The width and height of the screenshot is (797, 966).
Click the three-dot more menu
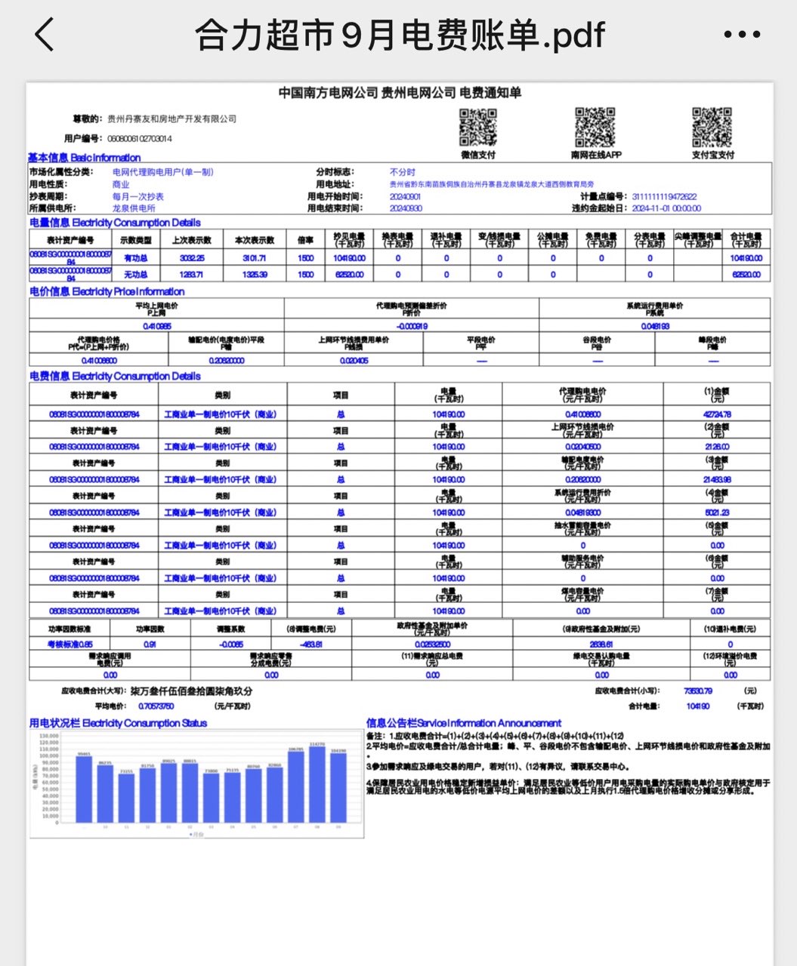[x=741, y=35]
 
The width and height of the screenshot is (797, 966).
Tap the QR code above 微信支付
[x=478, y=127]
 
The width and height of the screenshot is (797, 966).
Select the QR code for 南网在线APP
[x=595, y=127]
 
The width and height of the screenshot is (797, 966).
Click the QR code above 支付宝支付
[x=712, y=127]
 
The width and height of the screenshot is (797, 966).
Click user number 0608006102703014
[x=140, y=139]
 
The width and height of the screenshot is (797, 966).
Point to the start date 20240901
[x=405, y=196]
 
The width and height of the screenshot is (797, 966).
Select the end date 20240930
[x=405, y=208]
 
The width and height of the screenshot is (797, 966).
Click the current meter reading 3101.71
[x=255, y=258]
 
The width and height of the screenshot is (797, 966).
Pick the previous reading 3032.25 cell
[x=192, y=258]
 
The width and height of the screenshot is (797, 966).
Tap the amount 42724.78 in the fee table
[x=717, y=414]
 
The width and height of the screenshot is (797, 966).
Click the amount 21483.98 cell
[x=717, y=480]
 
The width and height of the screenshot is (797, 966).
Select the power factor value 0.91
[x=150, y=645]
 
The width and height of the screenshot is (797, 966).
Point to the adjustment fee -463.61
[x=310, y=645]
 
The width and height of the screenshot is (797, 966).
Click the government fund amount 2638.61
[x=601, y=645]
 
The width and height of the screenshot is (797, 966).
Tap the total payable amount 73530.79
[x=697, y=691]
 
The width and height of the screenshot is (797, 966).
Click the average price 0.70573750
[x=156, y=706]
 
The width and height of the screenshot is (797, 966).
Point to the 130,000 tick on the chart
[x=48, y=735]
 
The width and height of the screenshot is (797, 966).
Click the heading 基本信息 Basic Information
[x=84, y=158]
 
